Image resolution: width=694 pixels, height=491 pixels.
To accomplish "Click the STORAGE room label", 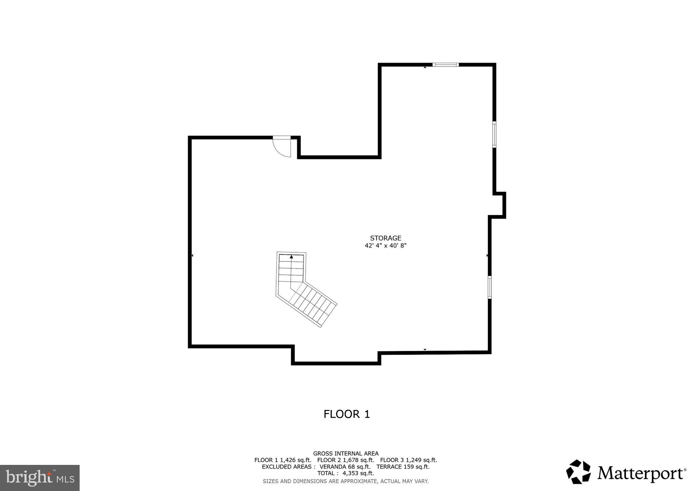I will pos(385,238).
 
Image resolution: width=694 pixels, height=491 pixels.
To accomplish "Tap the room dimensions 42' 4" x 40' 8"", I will pos(385,245).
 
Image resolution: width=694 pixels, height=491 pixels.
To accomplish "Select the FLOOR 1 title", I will pos(346,414).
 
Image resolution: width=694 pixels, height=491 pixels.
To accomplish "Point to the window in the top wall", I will pos(445,64).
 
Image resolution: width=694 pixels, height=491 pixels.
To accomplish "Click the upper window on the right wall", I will pos(494,135).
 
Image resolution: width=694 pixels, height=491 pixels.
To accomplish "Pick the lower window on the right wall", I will pos(489,287).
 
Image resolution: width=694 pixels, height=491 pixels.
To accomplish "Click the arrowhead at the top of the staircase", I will pos(291,257).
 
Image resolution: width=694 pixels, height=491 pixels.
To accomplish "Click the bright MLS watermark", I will pos(40,478).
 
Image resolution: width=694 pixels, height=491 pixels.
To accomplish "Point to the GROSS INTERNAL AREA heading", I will pos(346,453).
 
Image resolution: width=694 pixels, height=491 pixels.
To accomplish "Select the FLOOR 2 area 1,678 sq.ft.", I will pos(359,460).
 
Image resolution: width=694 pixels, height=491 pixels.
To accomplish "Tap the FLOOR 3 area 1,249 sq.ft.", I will pos(422,460).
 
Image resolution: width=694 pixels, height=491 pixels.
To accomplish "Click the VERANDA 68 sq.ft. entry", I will pos(345,467).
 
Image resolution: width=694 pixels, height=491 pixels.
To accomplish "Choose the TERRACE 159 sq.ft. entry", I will pos(403,467).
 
